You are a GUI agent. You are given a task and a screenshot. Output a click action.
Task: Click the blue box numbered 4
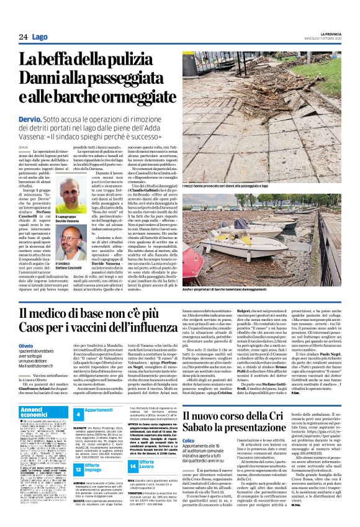[x=78, y=413]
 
